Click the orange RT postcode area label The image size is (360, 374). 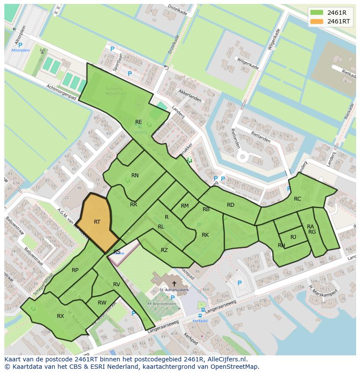(97, 222)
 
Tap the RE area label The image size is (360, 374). (138, 122)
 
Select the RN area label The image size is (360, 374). (135, 175)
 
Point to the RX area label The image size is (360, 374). (60, 316)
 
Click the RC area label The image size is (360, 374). (297, 199)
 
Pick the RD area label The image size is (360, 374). (230, 205)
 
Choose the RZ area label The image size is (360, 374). (164, 250)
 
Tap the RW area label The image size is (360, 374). (102, 303)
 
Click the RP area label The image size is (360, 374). (75, 270)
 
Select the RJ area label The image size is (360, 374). (293, 237)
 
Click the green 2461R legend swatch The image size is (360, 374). (317, 12)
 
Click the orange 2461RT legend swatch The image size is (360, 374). (317, 21)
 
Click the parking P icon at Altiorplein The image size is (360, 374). (20, 45)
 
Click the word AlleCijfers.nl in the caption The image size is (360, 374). (226, 360)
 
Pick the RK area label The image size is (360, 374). (205, 235)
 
